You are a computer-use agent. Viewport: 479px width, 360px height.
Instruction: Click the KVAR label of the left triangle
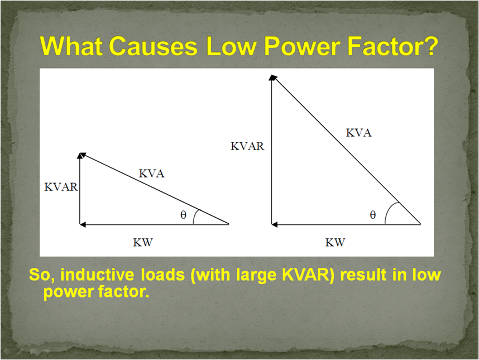point(61,187)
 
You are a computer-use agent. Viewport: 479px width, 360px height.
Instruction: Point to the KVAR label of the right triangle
point(247,146)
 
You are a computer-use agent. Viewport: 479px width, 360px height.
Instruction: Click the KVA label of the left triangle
point(151,174)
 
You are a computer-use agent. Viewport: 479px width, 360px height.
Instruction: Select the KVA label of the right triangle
point(358,133)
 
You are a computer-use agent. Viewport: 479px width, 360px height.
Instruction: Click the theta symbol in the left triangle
point(183,215)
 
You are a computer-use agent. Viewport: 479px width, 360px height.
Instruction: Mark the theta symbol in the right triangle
point(373,215)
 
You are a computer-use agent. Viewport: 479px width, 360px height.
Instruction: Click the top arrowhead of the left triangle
point(82,155)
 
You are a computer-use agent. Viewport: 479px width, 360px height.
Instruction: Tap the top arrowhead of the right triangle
point(272,78)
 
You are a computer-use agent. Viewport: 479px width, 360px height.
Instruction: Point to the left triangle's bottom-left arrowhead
point(83,224)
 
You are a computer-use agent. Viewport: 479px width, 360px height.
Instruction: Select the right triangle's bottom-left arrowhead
point(275,224)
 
